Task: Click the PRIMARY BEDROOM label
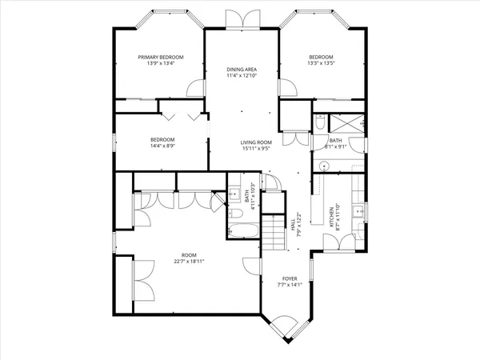click(x=160, y=58)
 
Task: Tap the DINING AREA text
click(x=241, y=70)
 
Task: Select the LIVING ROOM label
click(x=258, y=142)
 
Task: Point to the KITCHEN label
click(x=333, y=215)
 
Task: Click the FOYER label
click(x=288, y=278)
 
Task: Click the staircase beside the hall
click(x=274, y=231)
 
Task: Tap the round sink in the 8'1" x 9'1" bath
click(x=325, y=166)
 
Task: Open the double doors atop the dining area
click(x=241, y=19)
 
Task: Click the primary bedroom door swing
click(x=194, y=89)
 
